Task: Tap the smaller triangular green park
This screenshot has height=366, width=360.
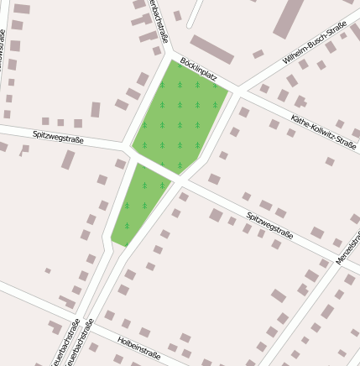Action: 139,201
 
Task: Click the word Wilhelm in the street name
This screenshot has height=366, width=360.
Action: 295,56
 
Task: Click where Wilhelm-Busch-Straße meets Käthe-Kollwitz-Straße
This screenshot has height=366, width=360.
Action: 243,87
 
